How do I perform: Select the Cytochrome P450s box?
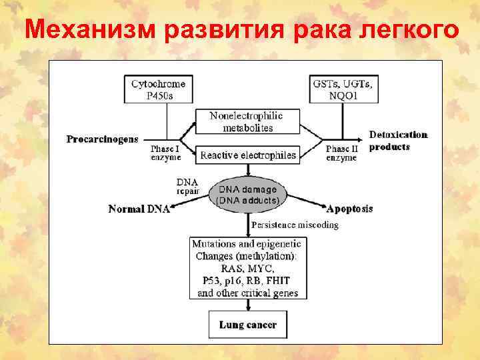(x=158, y=89)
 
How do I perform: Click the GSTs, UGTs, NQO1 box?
(x=342, y=89)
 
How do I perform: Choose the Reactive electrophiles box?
(x=247, y=155)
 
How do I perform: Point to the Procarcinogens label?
(x=103, y=139)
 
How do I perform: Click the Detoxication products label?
(x=398, y=140)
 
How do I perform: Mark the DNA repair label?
(x=187, y=185)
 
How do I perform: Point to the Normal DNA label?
(x=139, y=209)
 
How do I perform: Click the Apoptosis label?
(x=349, y=209)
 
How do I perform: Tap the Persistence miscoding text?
(x=294, y=225)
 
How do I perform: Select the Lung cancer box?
(x=247, y=325)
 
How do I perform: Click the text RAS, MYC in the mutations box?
(x=247, y=268)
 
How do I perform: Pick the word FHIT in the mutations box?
(x=283, y=280)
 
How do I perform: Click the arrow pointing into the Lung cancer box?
(x=247, y=305)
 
